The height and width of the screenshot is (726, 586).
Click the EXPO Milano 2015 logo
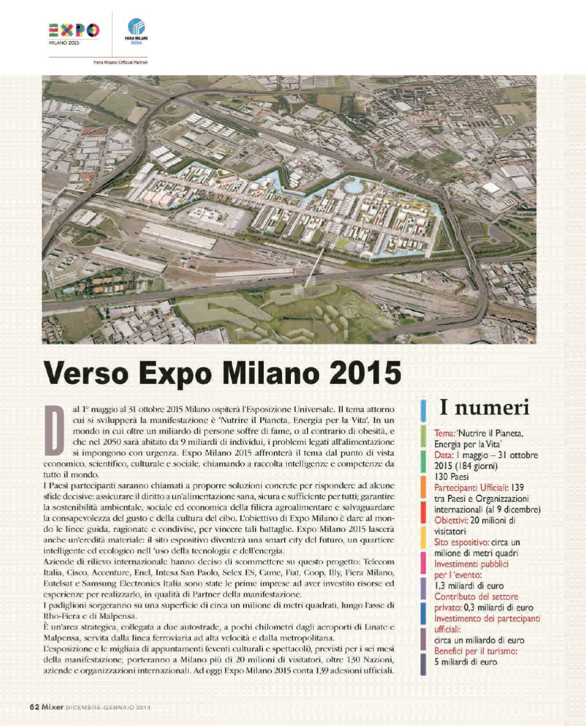[74, 33]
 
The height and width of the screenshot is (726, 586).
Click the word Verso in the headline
[88, 373]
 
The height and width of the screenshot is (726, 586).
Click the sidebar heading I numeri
[484, 408]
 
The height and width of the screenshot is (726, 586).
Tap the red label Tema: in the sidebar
[444, 433]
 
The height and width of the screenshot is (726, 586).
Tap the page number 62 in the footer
[34, 707]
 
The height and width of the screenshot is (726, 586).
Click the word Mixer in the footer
[53, 707]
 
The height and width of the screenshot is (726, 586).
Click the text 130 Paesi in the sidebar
[451, 477]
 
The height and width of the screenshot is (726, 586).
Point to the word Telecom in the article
[379, 562]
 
